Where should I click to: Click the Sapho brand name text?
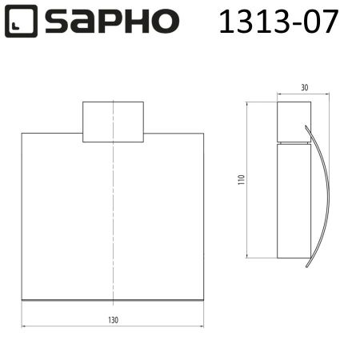[x=112, y=22]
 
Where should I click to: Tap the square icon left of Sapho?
[x=22, y=22]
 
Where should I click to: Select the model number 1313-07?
[x=278, y=22]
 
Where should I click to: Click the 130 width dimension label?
[x=113, y=320]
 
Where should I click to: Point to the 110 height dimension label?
[x=240, y=179]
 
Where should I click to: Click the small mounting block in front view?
[x=113, y=122]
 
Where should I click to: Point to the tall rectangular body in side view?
[x=294, y=200]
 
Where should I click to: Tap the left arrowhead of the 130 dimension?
[x=24, y=326]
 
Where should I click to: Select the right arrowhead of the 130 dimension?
[x=202, y=326]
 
